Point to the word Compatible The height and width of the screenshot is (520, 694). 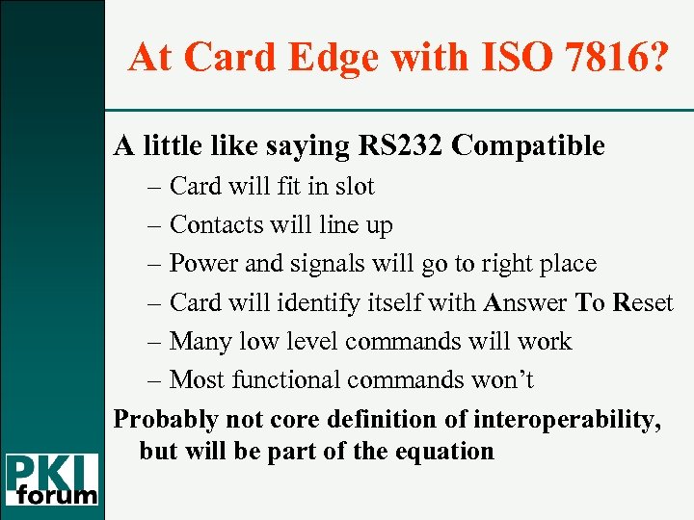tap(528, 145)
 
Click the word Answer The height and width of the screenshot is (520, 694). tap(526, 302)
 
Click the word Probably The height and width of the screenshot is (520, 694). tap(165, 420)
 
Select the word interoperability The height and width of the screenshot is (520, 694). tap(581, 420)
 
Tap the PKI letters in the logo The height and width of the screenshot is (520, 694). tap(53, 471)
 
